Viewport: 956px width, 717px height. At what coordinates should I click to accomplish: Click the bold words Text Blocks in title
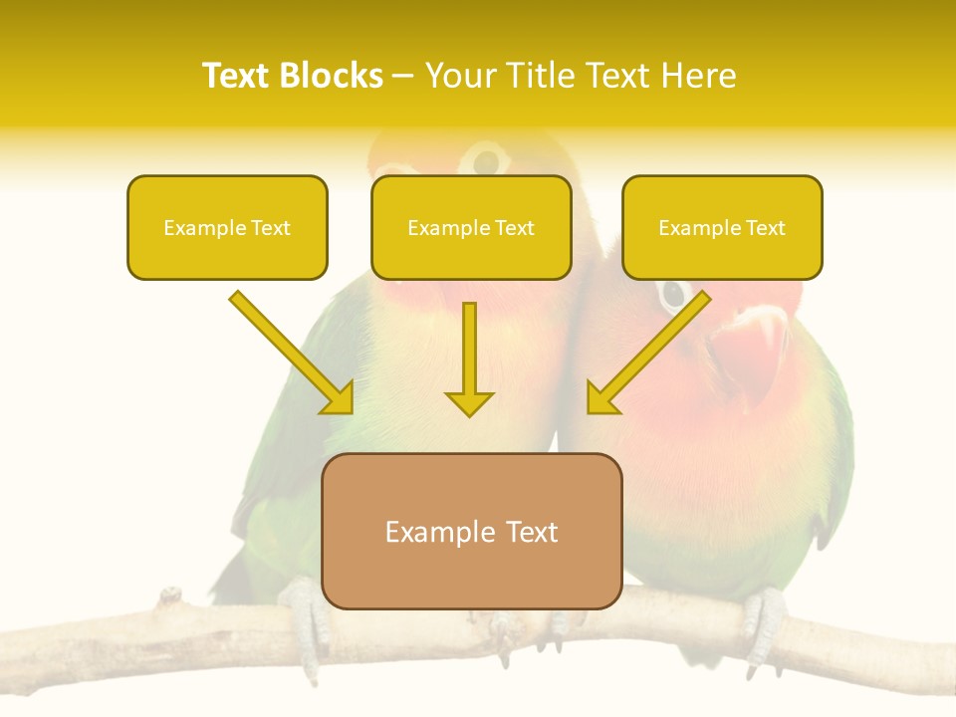[x=292, y=76]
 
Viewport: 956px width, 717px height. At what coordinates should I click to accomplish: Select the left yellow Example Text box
[x=227, y=228]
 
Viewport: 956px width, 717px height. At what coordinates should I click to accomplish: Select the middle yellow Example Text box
[x=471, y=228]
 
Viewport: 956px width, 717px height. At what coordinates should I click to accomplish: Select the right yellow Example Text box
[x=722, y=228]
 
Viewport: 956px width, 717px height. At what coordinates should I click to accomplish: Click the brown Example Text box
[x=471, y=531]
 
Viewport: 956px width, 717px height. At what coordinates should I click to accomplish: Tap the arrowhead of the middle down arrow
[x=469, y=403]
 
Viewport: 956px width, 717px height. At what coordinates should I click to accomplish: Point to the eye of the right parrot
[x=674, y=294]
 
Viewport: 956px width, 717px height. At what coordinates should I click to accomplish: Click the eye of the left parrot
[x=487, y=159]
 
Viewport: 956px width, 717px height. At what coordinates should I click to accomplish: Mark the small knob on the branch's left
[x=170, y=597]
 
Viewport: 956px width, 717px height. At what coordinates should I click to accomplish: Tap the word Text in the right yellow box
[x=765, y=228]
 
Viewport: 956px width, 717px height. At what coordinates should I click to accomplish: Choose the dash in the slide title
[x=403, y=76]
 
